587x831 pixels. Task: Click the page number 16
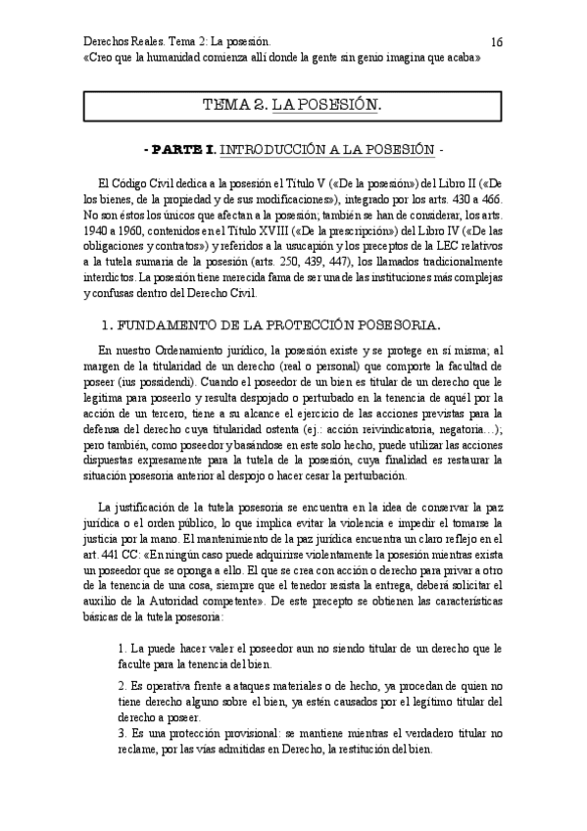pyautogui.click(x=497, y=42)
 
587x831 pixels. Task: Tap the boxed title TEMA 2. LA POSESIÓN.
pyautogui.click(x=292, y=104)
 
